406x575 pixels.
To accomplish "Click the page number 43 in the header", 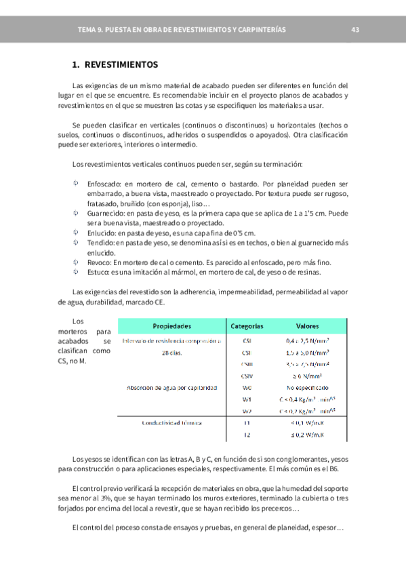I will (x=355, y=30).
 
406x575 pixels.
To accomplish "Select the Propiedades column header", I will (x=171, y=326).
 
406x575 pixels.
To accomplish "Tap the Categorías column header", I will (x=247, y=326).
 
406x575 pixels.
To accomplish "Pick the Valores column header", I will (x=308, y=326).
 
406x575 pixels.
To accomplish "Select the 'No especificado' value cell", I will (x=308, y=388).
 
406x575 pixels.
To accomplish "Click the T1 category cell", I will (x=247, y=422).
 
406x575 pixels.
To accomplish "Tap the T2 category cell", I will (x=247, y=435).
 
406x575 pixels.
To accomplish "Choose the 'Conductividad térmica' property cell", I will (x=171, y=422).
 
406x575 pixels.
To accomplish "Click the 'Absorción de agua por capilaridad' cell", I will (x=171, y=388).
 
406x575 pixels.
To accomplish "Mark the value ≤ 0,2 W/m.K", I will (x=308, y=435).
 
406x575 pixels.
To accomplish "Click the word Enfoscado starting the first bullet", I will (x=104, y=184).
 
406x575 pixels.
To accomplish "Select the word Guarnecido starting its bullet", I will (x=106, y=213).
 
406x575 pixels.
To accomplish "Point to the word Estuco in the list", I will (x=98, y=272).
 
